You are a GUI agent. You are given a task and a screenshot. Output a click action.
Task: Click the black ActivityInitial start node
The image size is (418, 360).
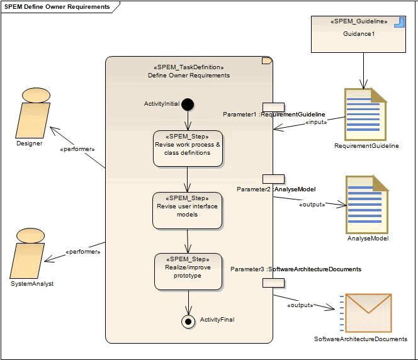coord(188,104)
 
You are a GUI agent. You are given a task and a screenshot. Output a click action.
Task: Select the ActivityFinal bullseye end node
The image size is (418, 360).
coord(188,321)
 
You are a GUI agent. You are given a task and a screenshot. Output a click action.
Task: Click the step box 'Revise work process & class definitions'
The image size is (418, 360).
coord(188,149)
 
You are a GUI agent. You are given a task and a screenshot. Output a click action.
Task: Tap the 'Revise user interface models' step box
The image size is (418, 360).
coord(187,210)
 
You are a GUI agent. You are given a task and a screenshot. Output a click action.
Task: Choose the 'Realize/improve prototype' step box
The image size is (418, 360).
coord(188,271)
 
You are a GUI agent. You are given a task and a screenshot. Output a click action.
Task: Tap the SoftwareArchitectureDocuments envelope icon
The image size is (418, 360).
coord(368,313)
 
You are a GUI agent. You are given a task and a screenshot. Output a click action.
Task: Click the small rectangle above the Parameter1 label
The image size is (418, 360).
coord(273,107)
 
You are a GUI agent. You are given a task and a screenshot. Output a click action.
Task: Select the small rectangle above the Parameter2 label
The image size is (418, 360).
coord(273,179)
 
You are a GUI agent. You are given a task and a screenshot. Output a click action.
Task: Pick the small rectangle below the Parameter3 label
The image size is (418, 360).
coord(273,283)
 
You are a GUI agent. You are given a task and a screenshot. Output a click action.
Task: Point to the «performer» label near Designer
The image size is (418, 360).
coord(77,150)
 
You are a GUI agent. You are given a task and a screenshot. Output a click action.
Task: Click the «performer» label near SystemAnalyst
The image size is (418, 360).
coord(83,252)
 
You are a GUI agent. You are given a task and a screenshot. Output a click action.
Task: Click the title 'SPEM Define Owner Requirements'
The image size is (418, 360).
coord(57,7)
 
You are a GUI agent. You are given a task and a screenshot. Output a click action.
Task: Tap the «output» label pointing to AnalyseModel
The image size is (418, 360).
coord(312,204)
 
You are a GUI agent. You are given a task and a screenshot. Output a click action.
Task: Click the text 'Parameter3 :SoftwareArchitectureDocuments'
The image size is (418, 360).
coord(295,269)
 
